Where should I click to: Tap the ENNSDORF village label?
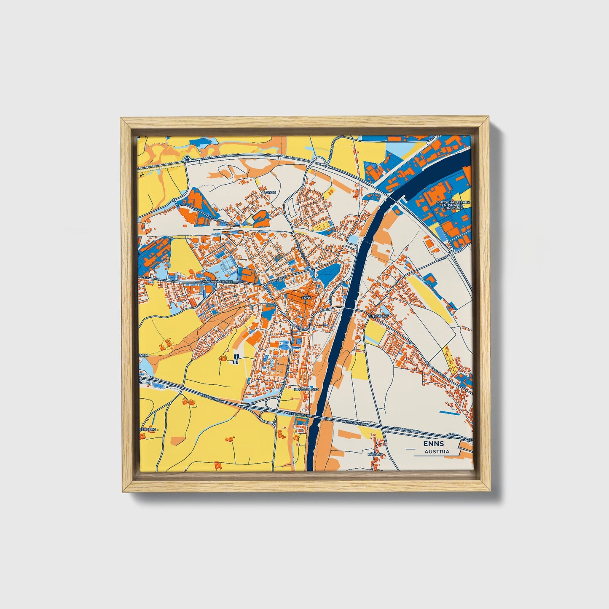tap(377, 315)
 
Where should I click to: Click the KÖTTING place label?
tap(375, 454)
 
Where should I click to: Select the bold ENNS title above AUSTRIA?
tap(434, 444)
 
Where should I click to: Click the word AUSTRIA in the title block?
tap(437, 452)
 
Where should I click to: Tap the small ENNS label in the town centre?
tap(306, 298)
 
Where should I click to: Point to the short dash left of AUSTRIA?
tap(410, 450)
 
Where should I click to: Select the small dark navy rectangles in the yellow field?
tap(235, 359)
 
